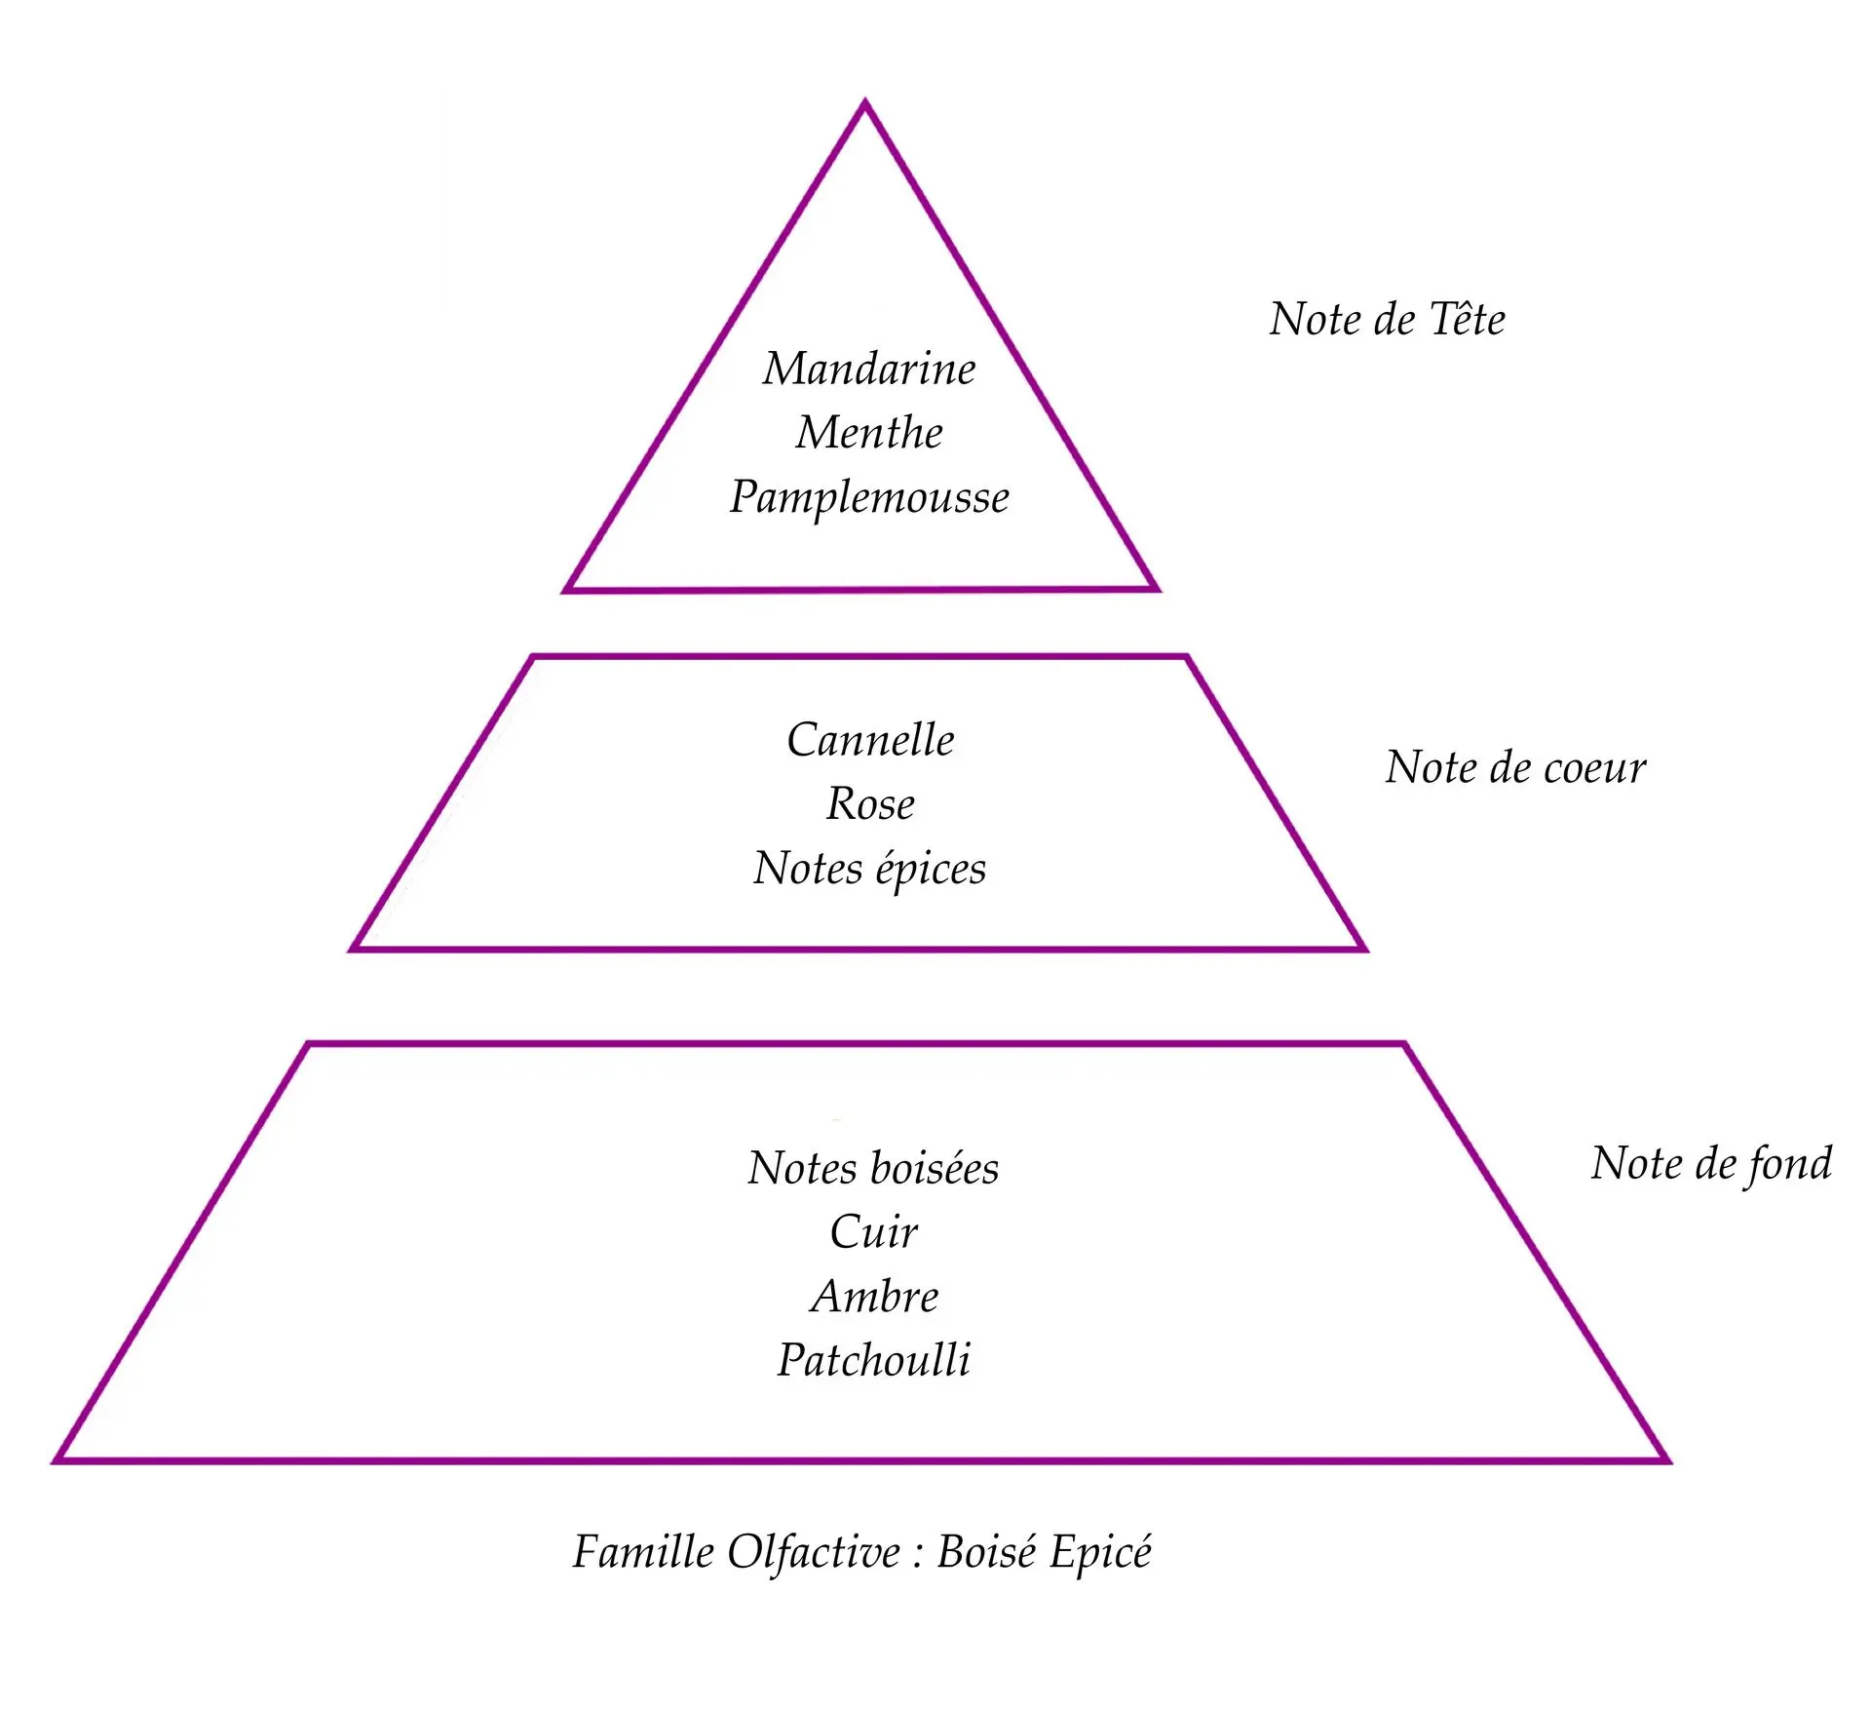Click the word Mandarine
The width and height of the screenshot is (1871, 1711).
tap(868, 369)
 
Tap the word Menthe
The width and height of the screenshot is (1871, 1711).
tap(868, 433)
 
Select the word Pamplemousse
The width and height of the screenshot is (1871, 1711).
tap(868, 497)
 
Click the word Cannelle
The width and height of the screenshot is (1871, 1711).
tap(870, 740)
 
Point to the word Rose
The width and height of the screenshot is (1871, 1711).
tap(870, 804)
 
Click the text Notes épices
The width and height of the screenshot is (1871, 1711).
tap(869, 869)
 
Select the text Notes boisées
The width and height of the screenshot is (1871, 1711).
tap(873, 1168)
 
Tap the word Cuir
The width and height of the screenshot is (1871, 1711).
tap(873, 1232)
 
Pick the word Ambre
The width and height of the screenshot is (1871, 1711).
tap(874, 1297)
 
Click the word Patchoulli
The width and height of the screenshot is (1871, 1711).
tap(874, 1360)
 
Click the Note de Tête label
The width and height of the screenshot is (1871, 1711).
tap(1387, 320)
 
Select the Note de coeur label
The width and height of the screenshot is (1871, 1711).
tap(1515, 768)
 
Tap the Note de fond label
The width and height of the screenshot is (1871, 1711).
tap(1711, 1163)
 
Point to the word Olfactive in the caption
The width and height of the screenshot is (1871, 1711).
tap(814, 1552)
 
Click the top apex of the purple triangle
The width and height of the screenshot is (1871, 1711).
tap(864, 103)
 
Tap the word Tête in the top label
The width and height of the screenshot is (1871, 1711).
tap(1467, 320)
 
